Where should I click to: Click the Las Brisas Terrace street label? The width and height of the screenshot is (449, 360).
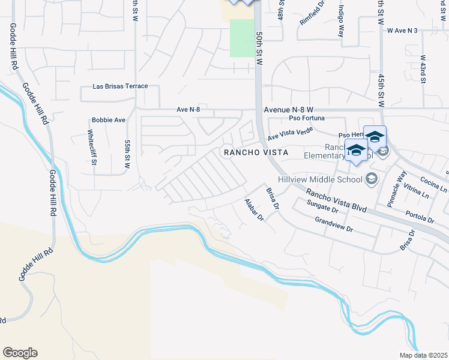coord(120,86)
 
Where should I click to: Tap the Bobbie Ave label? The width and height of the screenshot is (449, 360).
coord(108,120)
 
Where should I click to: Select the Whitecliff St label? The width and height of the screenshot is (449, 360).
coord(92,148)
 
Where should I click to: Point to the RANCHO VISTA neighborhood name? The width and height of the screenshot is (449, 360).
coord(256,153)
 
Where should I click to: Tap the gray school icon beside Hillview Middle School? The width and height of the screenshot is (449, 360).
coord(372,179)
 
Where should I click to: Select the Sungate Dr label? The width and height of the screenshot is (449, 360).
coord(322,207)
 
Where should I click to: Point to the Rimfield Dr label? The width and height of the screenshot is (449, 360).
coord(312,13)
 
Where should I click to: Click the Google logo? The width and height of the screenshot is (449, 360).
coord(20,353)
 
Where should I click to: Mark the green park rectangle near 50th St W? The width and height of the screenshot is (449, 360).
coord(243,38)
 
